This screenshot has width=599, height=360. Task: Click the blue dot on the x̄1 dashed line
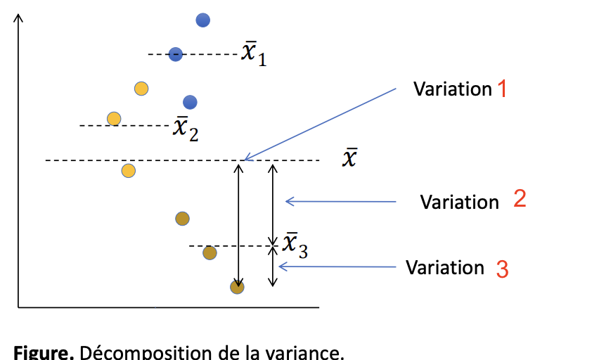coord(176,53)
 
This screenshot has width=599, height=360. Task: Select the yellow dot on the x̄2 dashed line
coord(114,118)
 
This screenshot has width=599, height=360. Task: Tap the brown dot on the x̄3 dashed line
coord(210,252)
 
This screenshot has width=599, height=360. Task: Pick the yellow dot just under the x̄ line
coord(129,171)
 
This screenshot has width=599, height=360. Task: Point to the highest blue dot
coord(203,20)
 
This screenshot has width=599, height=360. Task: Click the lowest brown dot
coord(238,286)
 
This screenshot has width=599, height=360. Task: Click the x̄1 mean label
coord(254,53)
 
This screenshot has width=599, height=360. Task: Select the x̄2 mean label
coord(186,128)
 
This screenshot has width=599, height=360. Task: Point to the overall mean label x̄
coord(349,158)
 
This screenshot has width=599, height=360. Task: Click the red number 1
coord(502,89)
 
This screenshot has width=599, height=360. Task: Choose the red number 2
coord(520,199)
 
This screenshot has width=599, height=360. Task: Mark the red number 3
coord(502,269)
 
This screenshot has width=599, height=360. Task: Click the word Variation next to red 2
coord(459,202)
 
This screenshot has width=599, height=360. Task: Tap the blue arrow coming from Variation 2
coord(340,202)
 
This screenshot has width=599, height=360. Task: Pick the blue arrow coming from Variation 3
coord(337,266)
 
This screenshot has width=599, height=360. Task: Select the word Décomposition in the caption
coord(130,352)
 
